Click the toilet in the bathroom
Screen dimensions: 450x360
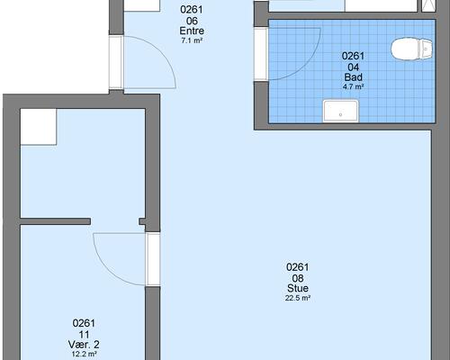click(411, 49)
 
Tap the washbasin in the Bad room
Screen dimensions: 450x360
click(340, 112)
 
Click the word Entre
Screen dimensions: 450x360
click(192, 31)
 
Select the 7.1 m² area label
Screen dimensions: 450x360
click(192, 40)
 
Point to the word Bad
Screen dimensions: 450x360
click(353, 77)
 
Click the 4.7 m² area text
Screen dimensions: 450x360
click(353, 86)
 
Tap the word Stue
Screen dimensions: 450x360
click(298, 288)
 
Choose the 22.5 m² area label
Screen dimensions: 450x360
click(298, 298)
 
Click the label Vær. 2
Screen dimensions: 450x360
click(84, 345)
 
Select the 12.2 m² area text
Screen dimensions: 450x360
click(84, 354)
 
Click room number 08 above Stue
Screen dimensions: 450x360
click(298, 278)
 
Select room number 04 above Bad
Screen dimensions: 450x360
click(353, 67)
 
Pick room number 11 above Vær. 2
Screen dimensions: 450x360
click(84, 334)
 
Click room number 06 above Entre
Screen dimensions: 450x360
click(192, 21)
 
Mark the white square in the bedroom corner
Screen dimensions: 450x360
click(39, 127)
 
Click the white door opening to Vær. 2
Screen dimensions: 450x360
click(153, 259)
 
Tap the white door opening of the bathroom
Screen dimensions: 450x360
click(261, 54)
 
